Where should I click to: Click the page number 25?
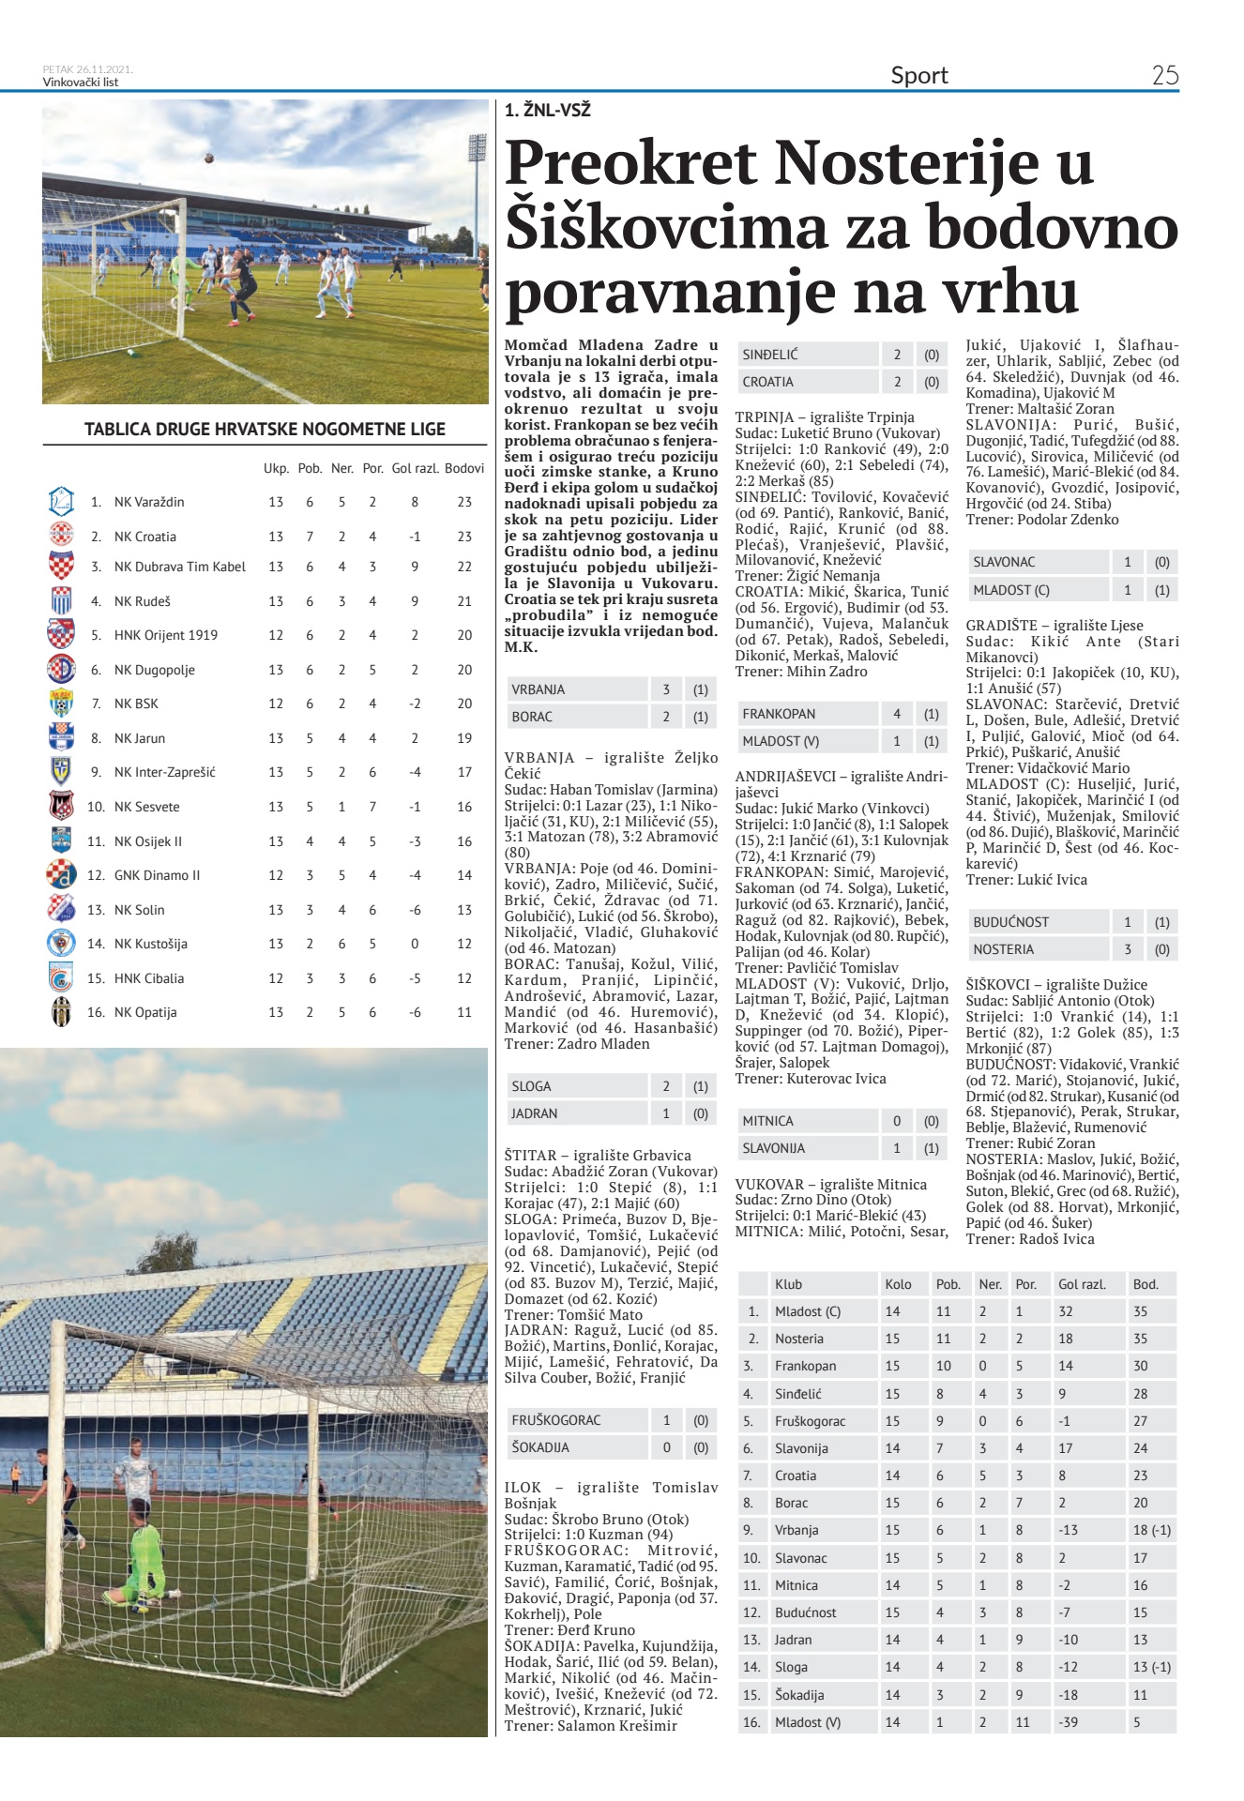point(1164,75)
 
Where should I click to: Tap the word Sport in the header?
point(918,75)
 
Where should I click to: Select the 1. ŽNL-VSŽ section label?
point(548,110)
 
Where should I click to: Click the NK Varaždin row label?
point(149,502)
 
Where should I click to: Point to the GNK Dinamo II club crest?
point(61,874)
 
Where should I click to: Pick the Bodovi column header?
point(464,468)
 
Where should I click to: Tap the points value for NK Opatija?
point(464,1012)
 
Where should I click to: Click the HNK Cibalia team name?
point(149,978)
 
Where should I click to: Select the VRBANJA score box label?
point(539,689)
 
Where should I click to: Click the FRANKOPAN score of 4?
point(897,714)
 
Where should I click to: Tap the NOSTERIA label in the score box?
point(1003,949)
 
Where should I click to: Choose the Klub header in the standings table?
point(788,1284)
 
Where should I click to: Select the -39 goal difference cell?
point(1068,1722)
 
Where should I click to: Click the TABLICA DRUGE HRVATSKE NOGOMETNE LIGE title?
point(265,430)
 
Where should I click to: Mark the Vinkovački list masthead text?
point(81,82)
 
